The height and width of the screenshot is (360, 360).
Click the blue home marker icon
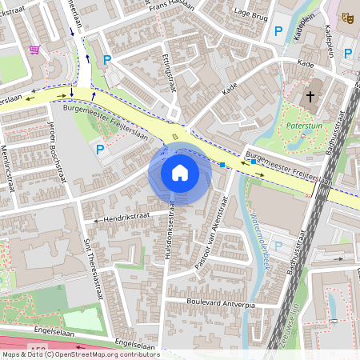[x=179, y=173]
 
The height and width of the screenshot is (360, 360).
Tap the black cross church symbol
[x=310, y=97]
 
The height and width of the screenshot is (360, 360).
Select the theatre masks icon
[x=347, y=17]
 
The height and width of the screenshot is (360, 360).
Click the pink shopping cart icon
[x=34, y=49]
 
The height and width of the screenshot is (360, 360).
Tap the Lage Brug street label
[x=251, y=12]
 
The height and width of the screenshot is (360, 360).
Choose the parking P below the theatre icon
[x=348, y=54]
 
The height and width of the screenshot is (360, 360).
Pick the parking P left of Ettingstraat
[x=107, y=58]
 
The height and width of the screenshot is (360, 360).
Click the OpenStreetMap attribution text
[x=80, y=354]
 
